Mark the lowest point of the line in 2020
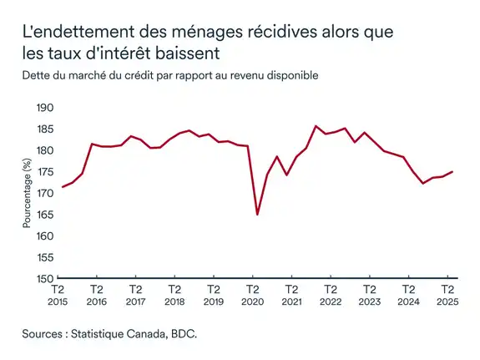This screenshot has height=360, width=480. pyautogui.click(x=257, y=215)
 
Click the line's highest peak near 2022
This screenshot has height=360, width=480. pyautogui.click(x=316, y=126)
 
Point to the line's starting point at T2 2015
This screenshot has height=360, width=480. pyautogui.click(x=63, y=187)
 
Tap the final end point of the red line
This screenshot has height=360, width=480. pyautogui.click(x=452, y=171)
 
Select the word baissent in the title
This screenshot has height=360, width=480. pyautogui.click(x=188, y=55)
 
